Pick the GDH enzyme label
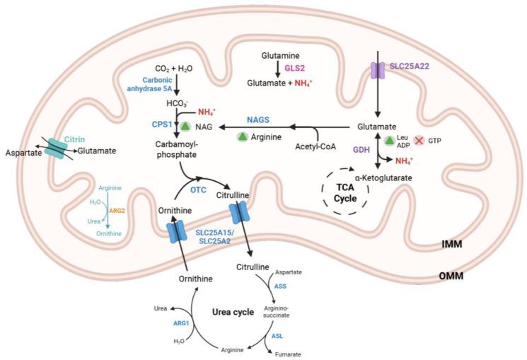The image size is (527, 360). point(363,149)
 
